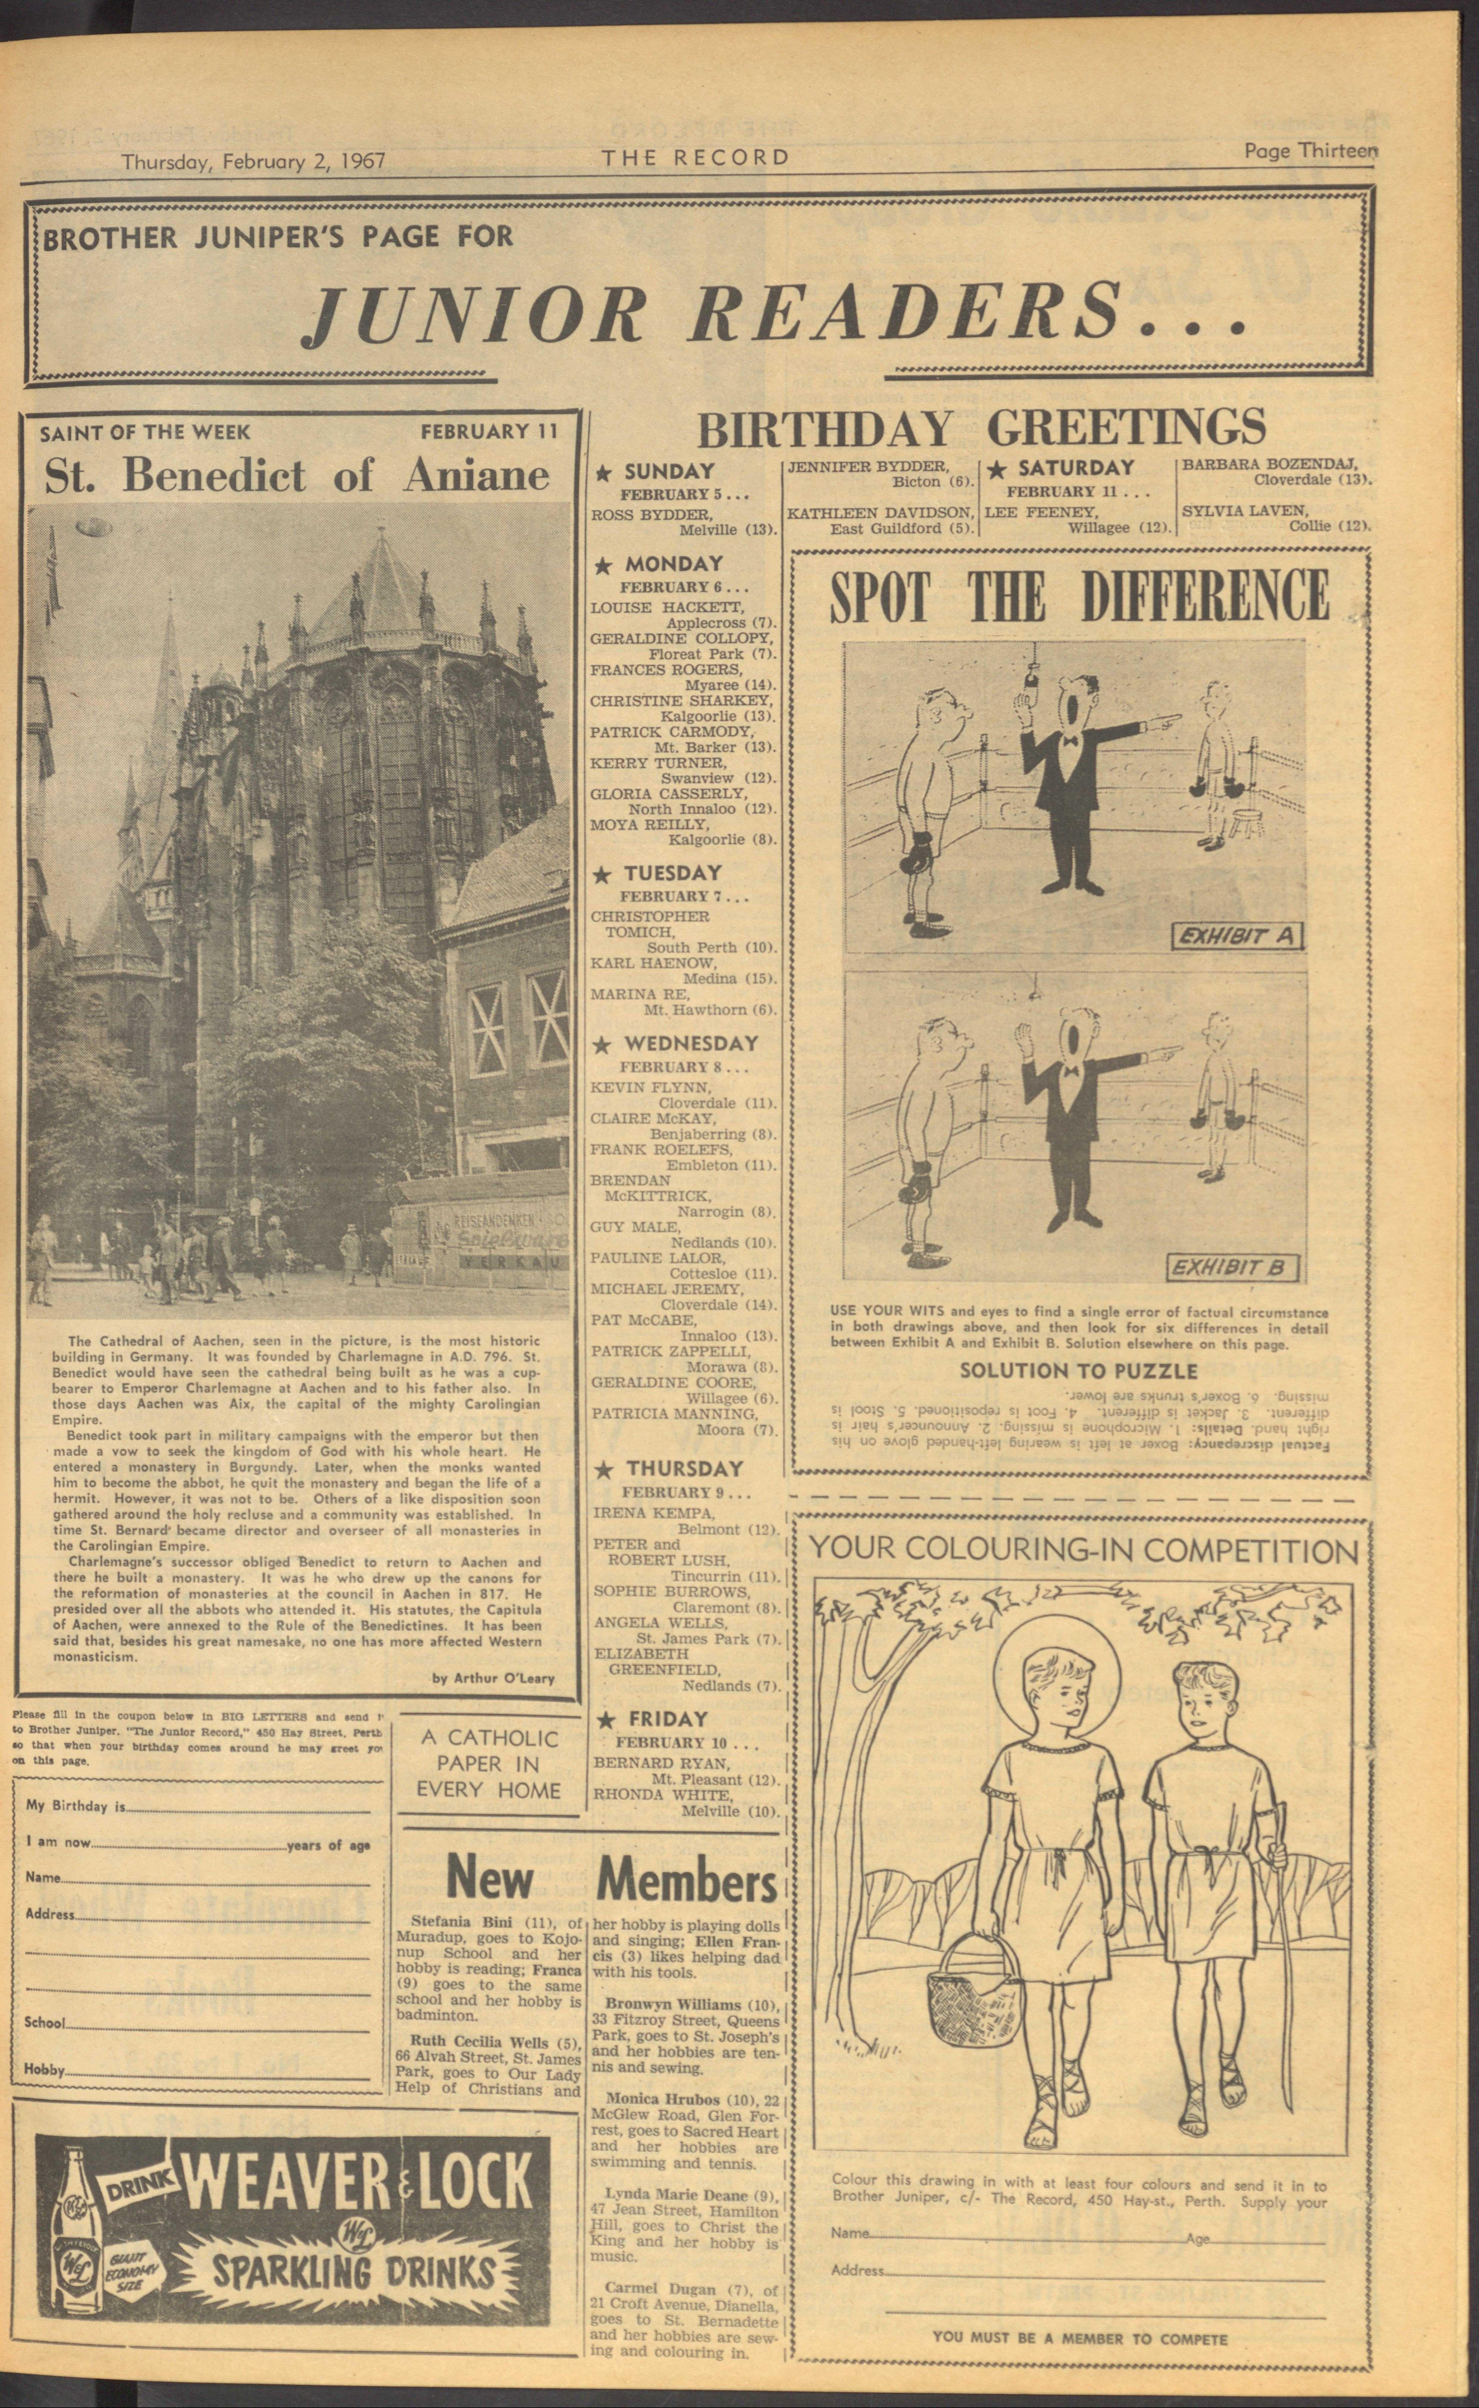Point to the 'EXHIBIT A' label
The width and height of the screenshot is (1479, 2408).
[1237, 936]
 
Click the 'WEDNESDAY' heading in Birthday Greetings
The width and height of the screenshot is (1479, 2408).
[691, 1044]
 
